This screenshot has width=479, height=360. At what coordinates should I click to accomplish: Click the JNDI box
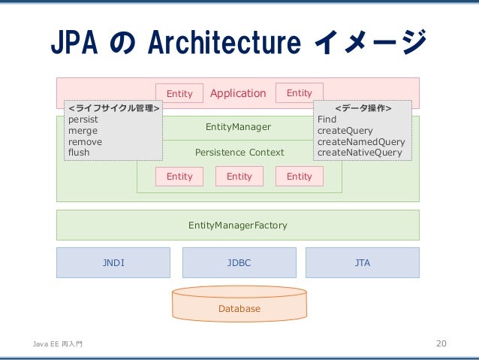113,263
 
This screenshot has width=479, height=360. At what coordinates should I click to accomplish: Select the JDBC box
239,263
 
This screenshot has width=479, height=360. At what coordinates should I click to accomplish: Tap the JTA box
363,263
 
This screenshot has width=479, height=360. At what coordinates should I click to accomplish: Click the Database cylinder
239,304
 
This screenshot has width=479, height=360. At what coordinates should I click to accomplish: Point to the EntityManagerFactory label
238,225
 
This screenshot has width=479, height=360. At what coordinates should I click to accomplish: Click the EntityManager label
238,127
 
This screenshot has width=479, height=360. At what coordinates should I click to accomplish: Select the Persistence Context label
239,153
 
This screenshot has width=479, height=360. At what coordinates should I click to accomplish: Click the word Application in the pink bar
238,93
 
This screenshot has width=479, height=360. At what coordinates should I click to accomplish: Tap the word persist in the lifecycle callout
83,119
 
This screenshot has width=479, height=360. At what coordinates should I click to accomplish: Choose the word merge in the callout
83,131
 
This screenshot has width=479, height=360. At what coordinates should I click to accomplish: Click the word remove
85,142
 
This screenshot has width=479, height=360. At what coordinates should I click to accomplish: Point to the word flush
79,153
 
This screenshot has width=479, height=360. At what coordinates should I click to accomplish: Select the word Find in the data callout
327,119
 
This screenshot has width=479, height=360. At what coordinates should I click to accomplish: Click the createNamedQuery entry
361,142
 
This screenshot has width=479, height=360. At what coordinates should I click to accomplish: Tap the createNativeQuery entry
360,153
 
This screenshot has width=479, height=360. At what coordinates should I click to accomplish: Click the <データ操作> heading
363,108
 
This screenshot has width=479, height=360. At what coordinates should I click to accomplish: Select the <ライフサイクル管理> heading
114,108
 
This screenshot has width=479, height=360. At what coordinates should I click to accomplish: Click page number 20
441,343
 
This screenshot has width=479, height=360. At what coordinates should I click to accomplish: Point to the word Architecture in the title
224,42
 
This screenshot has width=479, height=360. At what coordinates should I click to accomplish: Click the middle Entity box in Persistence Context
239,177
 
